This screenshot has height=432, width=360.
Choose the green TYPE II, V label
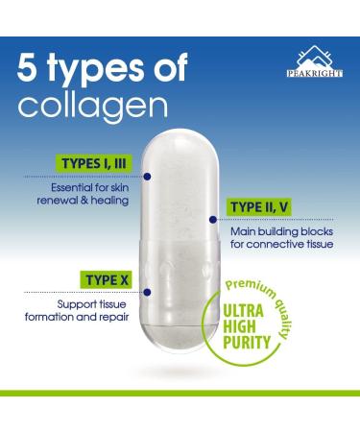coord(267,206)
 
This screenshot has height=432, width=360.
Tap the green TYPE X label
coord(108,277)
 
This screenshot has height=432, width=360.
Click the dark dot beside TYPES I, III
coord(150,176)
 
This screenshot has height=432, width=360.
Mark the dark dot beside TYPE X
coord(147,292)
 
